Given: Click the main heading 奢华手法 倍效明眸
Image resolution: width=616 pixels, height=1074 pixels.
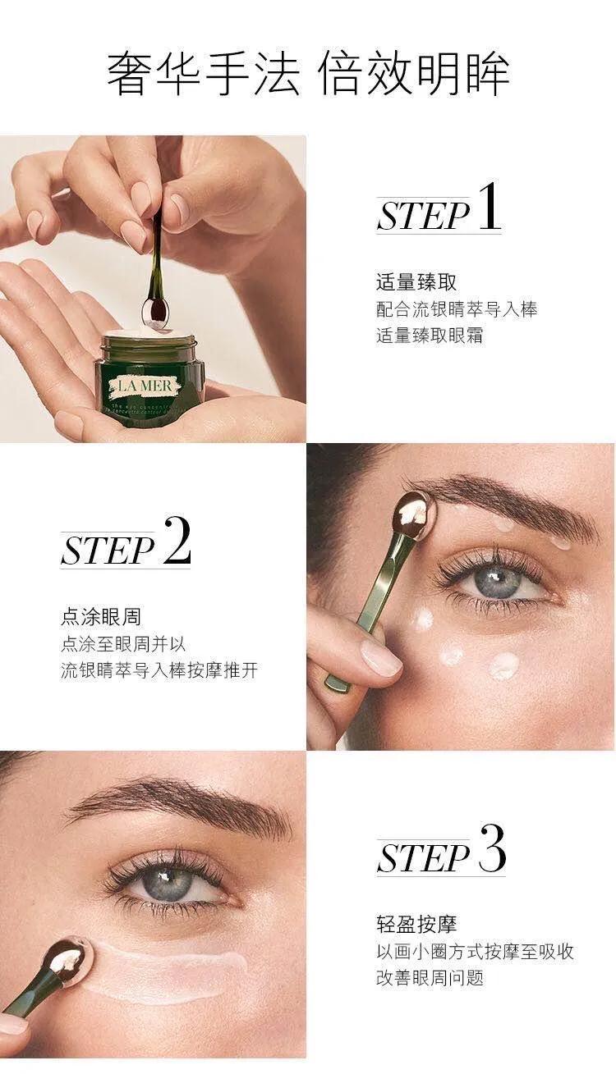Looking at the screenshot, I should pyautogui.click(x=308, y=74).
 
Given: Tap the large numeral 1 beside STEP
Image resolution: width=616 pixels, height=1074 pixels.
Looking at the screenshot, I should pyautogui.click(x=488, y=209).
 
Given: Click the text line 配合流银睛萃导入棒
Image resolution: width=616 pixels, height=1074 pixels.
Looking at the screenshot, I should pyautogui.click(x=457, y=309).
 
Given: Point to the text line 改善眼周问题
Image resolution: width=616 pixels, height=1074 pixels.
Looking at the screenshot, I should pyautogui.click(x=430, y=977).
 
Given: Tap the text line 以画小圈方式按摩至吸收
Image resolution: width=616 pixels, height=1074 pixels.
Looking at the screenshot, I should pyautogui.click(x=475, y=952).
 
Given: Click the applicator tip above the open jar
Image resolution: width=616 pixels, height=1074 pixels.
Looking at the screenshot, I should pyautogui.click(x=154, y=309).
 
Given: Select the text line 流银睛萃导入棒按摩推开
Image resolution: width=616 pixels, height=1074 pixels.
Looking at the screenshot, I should pyautogui.click(x=159, y=670).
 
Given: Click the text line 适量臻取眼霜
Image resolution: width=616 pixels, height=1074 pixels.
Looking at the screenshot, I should pyautogui.click(x=430, y=336).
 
